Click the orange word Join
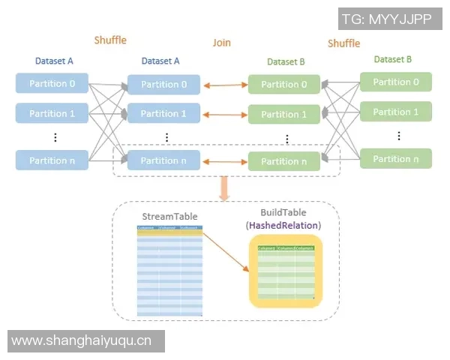pos(221,43)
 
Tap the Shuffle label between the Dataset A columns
pos(110,40)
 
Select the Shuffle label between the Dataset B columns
pos(343,43)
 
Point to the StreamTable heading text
pos(169,217)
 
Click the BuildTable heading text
pos(283,213)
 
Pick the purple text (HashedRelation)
pos(283,225)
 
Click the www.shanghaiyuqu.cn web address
pos(82,340)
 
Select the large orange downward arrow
pos(223,188)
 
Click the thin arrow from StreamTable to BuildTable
pos(226,253)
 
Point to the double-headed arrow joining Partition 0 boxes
pos(224,85)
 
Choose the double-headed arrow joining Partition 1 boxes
pos(224,114)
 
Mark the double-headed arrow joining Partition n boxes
pos(224,160)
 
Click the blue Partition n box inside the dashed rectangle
pos(163,160)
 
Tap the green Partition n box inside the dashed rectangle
pos(284,161)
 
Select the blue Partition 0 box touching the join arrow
pos(163,84)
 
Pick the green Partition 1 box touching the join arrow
pos(284,115)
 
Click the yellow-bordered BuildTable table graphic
pos(285,271)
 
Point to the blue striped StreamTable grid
pos(169,271)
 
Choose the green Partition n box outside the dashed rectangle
pos(396,158)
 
